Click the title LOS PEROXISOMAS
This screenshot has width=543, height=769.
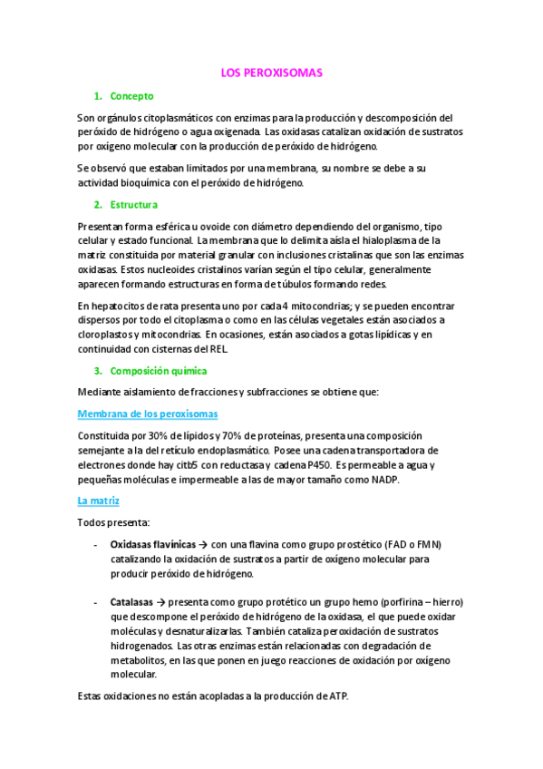click(x=271, y=73)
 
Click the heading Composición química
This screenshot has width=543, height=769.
click(x=159, y=371)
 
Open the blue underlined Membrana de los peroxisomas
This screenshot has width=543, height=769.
click(x=148, y=414)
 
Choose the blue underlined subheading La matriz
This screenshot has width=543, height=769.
click(x=99, y=501)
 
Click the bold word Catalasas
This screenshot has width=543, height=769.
click(x=132, y=602)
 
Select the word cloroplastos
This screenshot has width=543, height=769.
click(x=110, y=335)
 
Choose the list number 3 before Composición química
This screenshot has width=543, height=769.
click(x=97, y=371)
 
